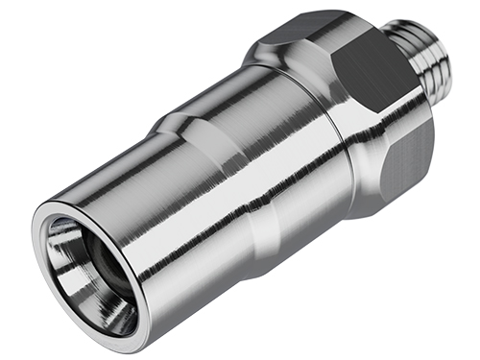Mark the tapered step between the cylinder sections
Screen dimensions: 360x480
point(182,134)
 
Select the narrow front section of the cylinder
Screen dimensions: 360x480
point(144,221)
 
